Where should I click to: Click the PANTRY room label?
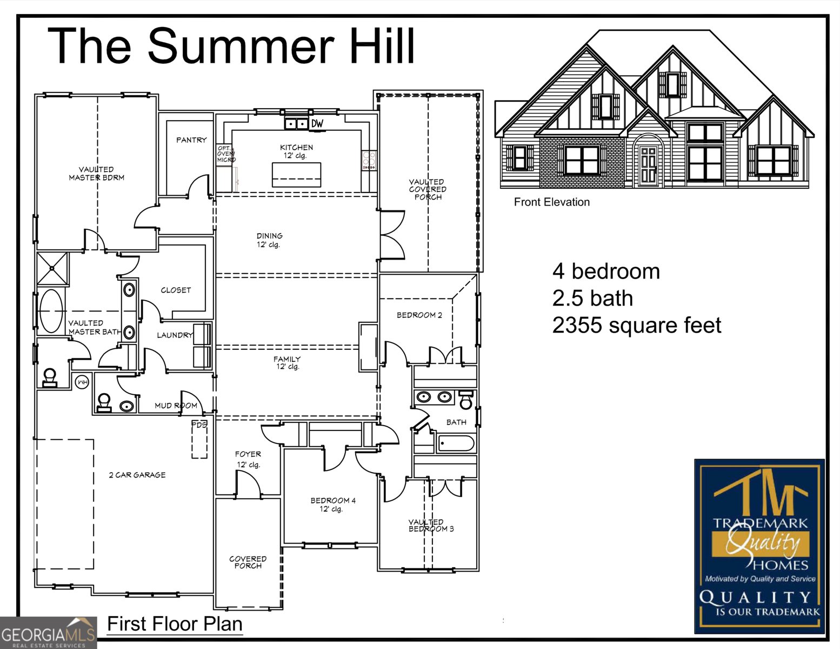coord(191,140)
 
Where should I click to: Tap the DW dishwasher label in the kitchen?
coord(317,124)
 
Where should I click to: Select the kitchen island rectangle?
coord(296,175)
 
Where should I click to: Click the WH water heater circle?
coord(82,383)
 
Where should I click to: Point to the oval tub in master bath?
coord(51,311)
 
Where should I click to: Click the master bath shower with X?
coord(52,268)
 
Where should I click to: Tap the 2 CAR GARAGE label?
coord(137,475)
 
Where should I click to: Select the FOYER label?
coord(248,454)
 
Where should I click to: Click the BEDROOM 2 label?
coord(419,315)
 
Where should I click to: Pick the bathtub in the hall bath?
coord(456,444)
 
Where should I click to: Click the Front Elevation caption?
coord(551,202)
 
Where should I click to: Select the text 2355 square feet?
coord(636,326)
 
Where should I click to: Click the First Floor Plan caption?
coord(175,624)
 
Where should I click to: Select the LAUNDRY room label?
coord(175,335)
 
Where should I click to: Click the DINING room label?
coord(269,236)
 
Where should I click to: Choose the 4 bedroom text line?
coord(606,271)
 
